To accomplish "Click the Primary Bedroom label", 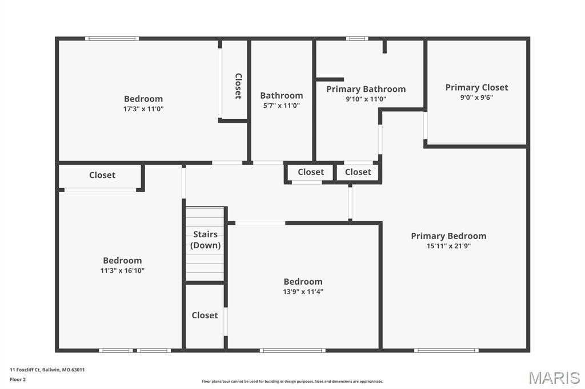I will pyautogui.click(x=448, y=236).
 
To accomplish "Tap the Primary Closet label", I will pyautogui.click(x=476, y=87).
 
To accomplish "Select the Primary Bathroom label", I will pyautogui.click(x=366, y=89).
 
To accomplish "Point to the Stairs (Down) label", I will pyautogui.click(x=205, y=240).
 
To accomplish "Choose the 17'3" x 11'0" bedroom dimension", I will pyautogui.click(x=143, y=109).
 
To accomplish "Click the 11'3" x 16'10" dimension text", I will pyautogui.click(x=122, y=271).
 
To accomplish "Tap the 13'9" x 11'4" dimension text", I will pyautogui.click(x=303, y=291).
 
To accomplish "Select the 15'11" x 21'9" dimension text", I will pyautogui.click(x=448, y=246).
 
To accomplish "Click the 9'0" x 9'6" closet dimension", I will pyautogui.click(x=476, y=98).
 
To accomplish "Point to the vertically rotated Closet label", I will pyautogui.click(x=238, y=86).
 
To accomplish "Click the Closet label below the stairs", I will pyautogui.click(x=205, y=315).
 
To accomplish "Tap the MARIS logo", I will pyautogui.click(x=554, y=378).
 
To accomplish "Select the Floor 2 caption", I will pyautogui.click(x=18, y=379).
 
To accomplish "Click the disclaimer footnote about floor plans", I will pyautogui.click(x=292, y=382).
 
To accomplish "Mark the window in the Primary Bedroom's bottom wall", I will pyautogui.click(x=446, y=350).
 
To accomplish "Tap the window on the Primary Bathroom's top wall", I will pyautogui.click(x=357, y=39).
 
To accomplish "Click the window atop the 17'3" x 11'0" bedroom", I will pyautogui.click(x=112, y=39).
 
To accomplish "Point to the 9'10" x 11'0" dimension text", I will pyautogui.click(x=366, y=99).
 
